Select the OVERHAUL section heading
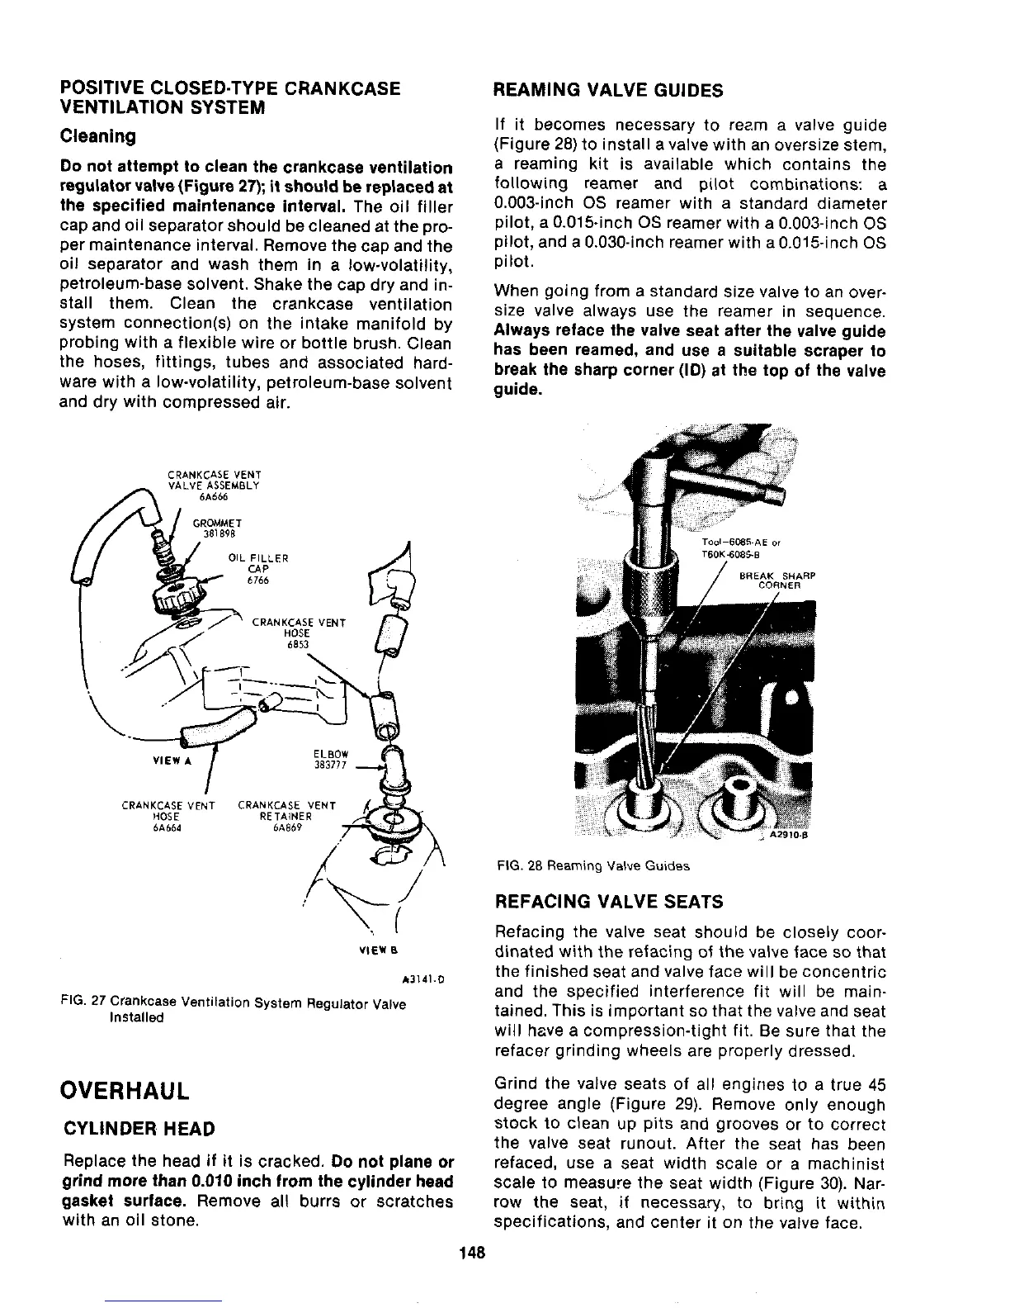click(126, 1090)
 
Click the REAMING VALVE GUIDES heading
click(607, 90)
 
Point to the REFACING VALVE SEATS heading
click(607, 901)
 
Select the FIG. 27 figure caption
click(234, 1010)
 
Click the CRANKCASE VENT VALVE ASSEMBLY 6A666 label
click(214, 486)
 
